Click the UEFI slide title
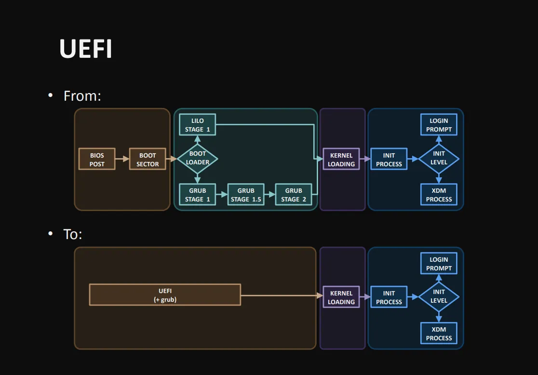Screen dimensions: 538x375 pos(86,49)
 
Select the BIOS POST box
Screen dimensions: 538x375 pos(97,159)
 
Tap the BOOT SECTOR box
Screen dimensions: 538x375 pos(148,159)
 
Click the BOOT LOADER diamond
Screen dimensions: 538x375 pos(198,159)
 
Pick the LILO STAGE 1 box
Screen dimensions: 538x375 pos(198,124)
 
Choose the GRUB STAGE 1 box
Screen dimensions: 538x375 pos(198,195)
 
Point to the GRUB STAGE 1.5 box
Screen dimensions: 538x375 pos(246,195)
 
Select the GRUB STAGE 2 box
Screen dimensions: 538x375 pos(294,195)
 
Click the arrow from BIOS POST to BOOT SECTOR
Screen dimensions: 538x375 pos(122,159)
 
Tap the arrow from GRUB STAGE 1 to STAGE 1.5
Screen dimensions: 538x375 pos(222,195)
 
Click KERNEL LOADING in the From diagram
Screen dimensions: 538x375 pos(341,159)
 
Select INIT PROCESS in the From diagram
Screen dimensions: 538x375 pos(389,159)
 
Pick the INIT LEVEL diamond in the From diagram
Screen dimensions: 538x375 pos(439,159)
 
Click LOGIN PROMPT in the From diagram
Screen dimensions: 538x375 pos(439,124)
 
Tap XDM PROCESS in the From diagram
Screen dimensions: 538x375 pos(439,195)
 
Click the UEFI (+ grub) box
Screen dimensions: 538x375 pos(165,295)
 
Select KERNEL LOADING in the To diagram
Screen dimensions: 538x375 pos(341,297)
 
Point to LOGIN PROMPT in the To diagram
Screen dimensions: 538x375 pos(439,264)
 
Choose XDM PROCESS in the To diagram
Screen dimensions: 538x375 pos(439,333)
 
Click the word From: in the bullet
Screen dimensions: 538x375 pos(82,96)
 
